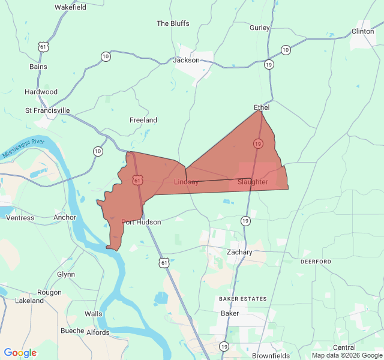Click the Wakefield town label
pyautogui.click(x=70, y=7)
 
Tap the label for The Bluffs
pyautogui.click(x=173, y=23)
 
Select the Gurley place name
pyautogui.click(x=260, y=28)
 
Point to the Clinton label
pyautogui.click(x=362, y=31)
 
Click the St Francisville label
pyautogui.click(x=47, y=110)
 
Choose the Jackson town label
pyautogui.click(x=186, y=60)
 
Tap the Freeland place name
pyautogui.click(x=143, y=120)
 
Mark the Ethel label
pyautogui.click(x=262, y=107)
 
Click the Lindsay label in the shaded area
pyautogui.click(x=186, y=182)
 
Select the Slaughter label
pyautogui.click(x=253, y=182)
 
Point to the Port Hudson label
pyautogui.click(x=141, y=222)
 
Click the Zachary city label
pyautogui.click(x=239, y=252)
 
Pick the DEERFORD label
pyautogui.click(x=316, y=262)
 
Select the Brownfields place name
pyautogui.click(x=271, y=355)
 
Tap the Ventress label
pyautogui.click(x=20, y=218)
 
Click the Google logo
pyautogui.click(x=20, y=353)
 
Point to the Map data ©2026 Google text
pyautogui.click(x=346, y=355)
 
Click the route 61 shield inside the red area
pyautogui.click(x=137, y=180)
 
